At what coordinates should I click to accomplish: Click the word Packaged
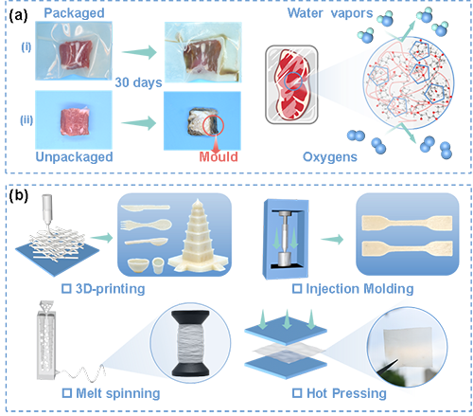(x=74, y=13)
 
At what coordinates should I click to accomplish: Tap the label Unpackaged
(x=74, y=157)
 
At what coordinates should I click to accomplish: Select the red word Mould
(x=219, y=156)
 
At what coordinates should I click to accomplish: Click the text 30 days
(x=138, y=82)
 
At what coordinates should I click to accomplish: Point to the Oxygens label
(x=330, y=157)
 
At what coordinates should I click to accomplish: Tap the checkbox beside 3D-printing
(x=66, y=288)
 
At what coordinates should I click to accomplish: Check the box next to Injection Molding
(x=297, y=288)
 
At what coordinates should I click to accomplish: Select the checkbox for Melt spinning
(x=66, y=393)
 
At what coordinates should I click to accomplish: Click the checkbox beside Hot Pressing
(x=297, y=393)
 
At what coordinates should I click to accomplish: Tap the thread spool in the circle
(x=190, y=343)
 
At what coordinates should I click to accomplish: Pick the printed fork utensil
(x=146, y=225)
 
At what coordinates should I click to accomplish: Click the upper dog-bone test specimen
(x=407, y=223)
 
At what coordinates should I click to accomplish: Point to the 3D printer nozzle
(x=47, y=209)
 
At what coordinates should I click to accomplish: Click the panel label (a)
(x=18, y=16)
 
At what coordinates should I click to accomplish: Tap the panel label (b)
(x=18, y=195)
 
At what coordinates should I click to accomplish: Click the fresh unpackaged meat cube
(x=75, y=122)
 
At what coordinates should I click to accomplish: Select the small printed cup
(x=158, y=265)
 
